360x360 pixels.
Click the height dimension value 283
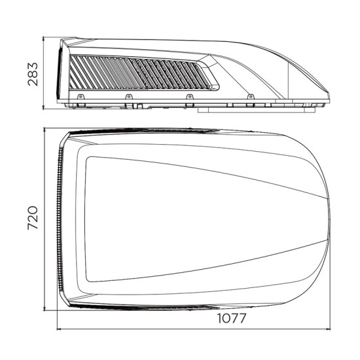point(33,74)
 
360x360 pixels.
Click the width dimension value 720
point(33,218)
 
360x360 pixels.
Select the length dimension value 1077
point(232,318)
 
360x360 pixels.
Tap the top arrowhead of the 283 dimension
point(44,39)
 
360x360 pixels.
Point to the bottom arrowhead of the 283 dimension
point(44,107)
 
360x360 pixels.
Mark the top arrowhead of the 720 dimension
point(45,130)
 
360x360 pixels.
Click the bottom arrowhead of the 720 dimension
point(45,308)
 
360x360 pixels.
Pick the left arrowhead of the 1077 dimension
point(59,329)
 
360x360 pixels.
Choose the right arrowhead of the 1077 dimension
point(328,329)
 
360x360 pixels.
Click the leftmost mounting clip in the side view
point(81,97)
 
